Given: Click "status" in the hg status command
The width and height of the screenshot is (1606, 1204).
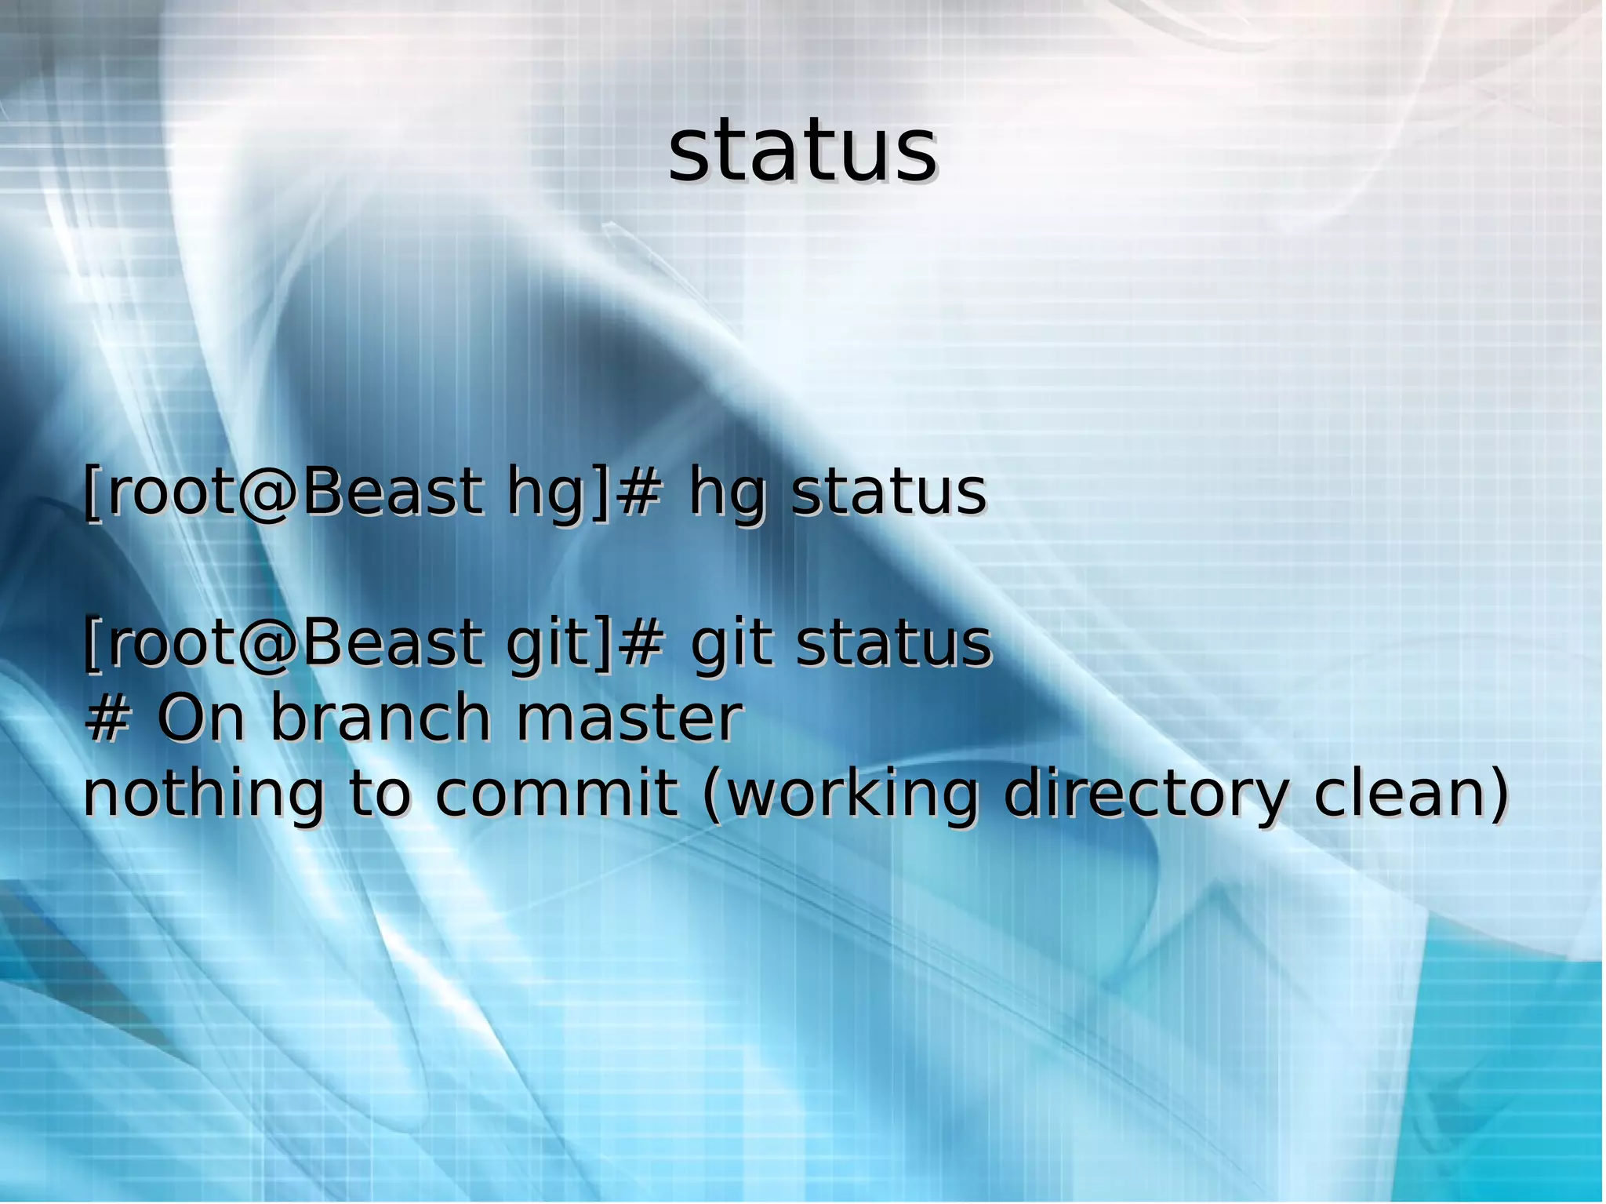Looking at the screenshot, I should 888,493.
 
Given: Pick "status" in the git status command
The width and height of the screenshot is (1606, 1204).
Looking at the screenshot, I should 894,643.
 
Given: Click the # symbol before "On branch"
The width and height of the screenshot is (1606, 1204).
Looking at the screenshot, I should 107,718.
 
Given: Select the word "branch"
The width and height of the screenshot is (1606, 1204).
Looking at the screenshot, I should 380,717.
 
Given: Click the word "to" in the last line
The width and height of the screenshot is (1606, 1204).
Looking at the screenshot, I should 379,794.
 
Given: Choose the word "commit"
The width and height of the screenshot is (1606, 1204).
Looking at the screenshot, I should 556,794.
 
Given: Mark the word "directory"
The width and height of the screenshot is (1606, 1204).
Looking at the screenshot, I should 1146,794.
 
